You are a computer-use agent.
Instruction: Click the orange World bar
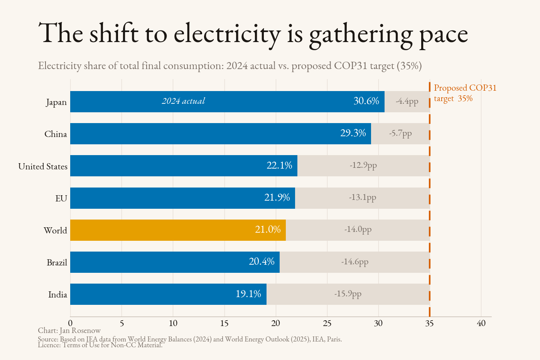click(x=178, y=230)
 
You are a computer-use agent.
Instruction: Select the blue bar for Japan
click(x=227, y=101)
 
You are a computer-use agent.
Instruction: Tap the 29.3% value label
click(x=353, y=133)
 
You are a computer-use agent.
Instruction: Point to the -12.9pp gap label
click(x=363, y=166)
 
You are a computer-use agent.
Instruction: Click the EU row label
click(x=61, y=198)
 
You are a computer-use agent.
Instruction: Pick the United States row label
click(x=43, y=166)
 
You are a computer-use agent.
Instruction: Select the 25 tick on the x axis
click(x=327, y=323)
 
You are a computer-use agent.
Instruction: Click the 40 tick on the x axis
click(x=481, y=323)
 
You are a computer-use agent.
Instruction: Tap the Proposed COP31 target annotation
click(x=465, y=93)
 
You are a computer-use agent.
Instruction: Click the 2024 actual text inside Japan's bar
click(x=183, y=101)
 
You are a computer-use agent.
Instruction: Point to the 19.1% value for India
click(x=248, y=294)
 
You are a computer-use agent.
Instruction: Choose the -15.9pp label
click(x=348, y=294)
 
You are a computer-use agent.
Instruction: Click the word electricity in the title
click(x=227, y=34)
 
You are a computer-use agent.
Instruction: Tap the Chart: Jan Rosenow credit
click(x=69, y=330)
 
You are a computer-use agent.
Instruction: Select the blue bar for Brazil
click(x=175, y=262)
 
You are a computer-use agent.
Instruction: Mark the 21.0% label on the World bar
click(x=268, y=229)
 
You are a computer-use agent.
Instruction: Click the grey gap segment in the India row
click(x=348, y=294)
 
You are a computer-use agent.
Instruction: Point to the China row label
click(x=56, y=134)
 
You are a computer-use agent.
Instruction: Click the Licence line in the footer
click(x=100, y=345)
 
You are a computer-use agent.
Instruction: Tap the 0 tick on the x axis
click(x=70, y=323)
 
